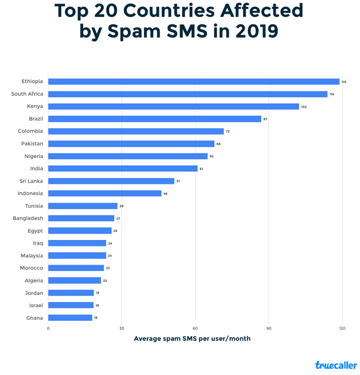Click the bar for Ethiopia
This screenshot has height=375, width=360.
(x=193, y=82)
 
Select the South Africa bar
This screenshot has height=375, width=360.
(x=188, y=94)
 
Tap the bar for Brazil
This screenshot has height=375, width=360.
(x=155, y=119)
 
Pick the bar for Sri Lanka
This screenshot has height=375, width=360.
(x=111, y=181)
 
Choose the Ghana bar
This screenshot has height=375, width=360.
(x=70, y=318)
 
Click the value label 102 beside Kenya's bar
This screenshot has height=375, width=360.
(x=304, y=107)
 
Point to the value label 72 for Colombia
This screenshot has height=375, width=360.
(x=228, y=131)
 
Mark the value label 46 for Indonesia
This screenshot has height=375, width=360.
(x=165, y=194)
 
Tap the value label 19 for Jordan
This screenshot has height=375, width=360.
(x=97, y=293)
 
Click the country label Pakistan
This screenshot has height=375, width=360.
(x=32, y=144)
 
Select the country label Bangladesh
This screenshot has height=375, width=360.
(x=28, y=218)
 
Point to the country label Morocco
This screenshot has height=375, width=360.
(x=31, y=268)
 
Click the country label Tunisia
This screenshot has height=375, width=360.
(x=34, y=206)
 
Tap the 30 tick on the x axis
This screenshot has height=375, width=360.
(x=122, y=328)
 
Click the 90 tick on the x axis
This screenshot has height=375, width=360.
(x=269, y=328)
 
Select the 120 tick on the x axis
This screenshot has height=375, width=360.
(x=342, y=328)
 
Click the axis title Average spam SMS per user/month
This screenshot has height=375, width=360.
(x=192, y=339)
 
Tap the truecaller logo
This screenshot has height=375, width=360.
(x=336, y=365)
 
